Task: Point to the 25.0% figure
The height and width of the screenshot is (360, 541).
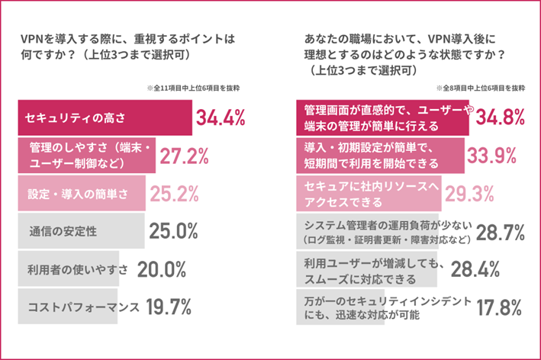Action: click(174, 230)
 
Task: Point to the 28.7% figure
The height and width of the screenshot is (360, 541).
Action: click(499, 231)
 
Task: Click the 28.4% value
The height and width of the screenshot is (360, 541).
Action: click(475, 268)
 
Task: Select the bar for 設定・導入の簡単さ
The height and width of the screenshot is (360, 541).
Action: click(80, 193)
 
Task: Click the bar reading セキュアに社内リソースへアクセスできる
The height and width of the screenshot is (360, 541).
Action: click(367, 193)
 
